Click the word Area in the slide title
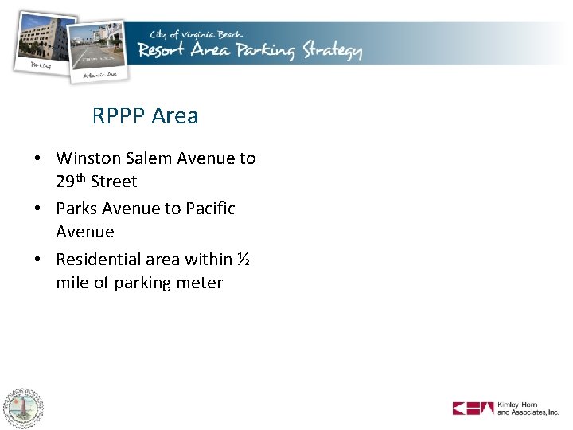tap(175, 116)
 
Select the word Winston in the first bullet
tap(85, 158)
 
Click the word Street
tap(114, 182)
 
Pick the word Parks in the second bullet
tap(76, 209)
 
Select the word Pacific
tap(210, 209)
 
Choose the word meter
tap(200, 283)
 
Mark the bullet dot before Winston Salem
tap(37, 159)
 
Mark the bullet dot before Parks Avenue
tap(37, 209)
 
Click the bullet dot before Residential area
tap(37, 260)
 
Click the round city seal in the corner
tap(23, 408)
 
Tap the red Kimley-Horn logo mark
tap(473, 408)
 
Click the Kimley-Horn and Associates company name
tap(528, 408)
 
